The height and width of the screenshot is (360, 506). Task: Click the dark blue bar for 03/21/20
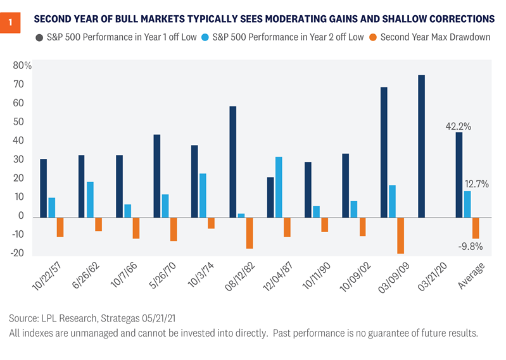pos(421,146)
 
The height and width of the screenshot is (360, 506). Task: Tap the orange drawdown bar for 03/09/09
pos(400,235)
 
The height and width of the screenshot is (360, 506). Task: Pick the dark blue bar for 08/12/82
pos(233,161)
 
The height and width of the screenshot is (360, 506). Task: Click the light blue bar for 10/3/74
pos(203,195)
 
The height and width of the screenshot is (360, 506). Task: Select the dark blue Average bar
pos(459,174)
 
